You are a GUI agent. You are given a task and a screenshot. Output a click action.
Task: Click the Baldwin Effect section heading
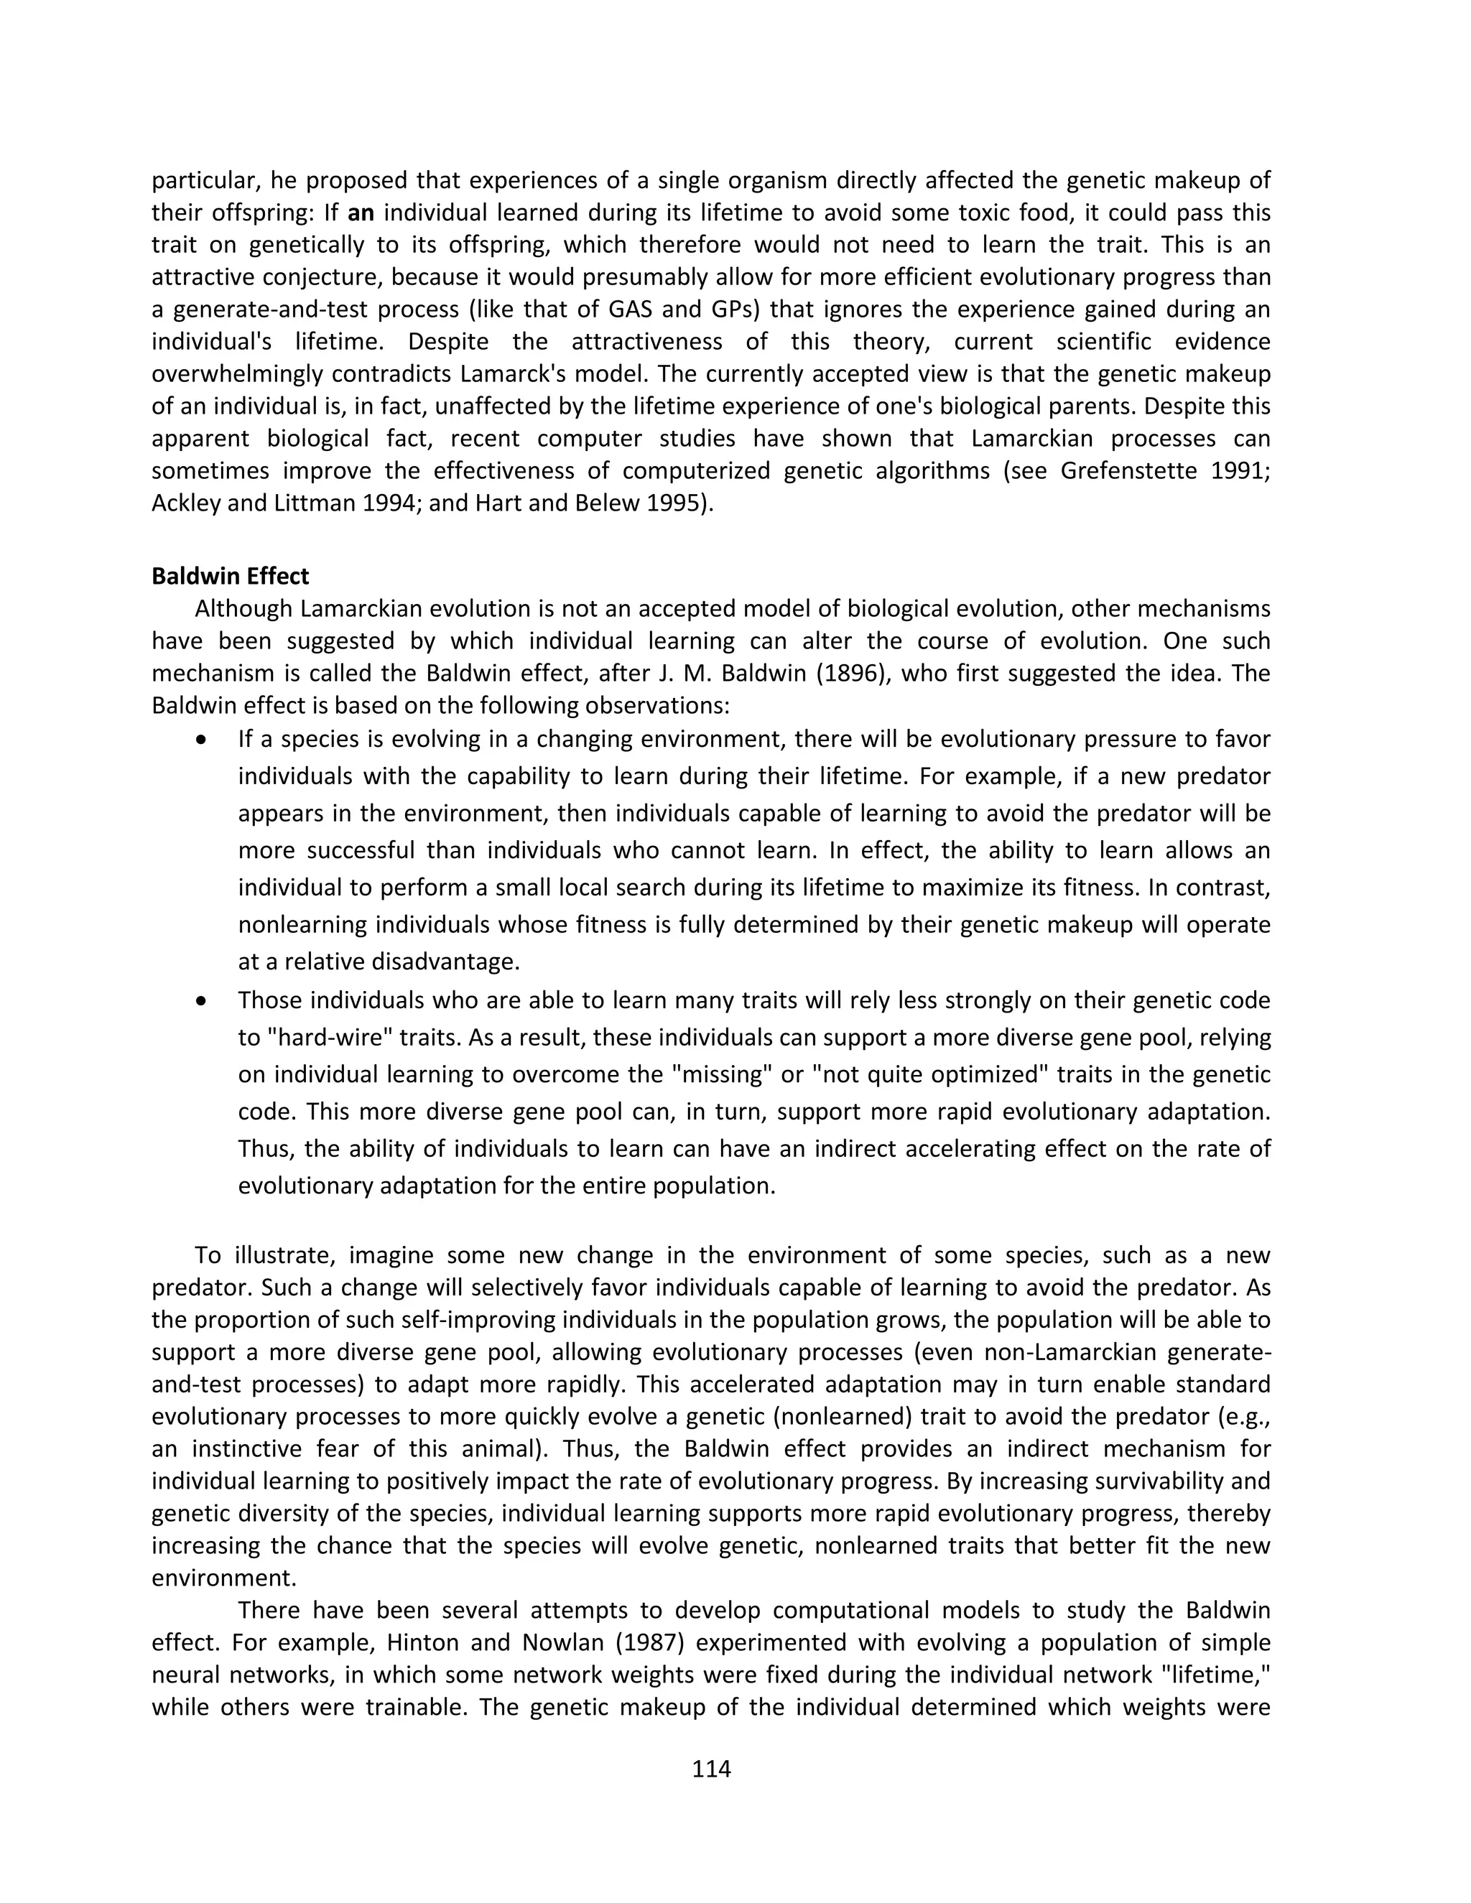click(230, 576)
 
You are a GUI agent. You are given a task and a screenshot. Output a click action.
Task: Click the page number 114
click(711, 1768)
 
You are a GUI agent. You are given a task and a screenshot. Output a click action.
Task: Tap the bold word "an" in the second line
click(361, 213)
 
